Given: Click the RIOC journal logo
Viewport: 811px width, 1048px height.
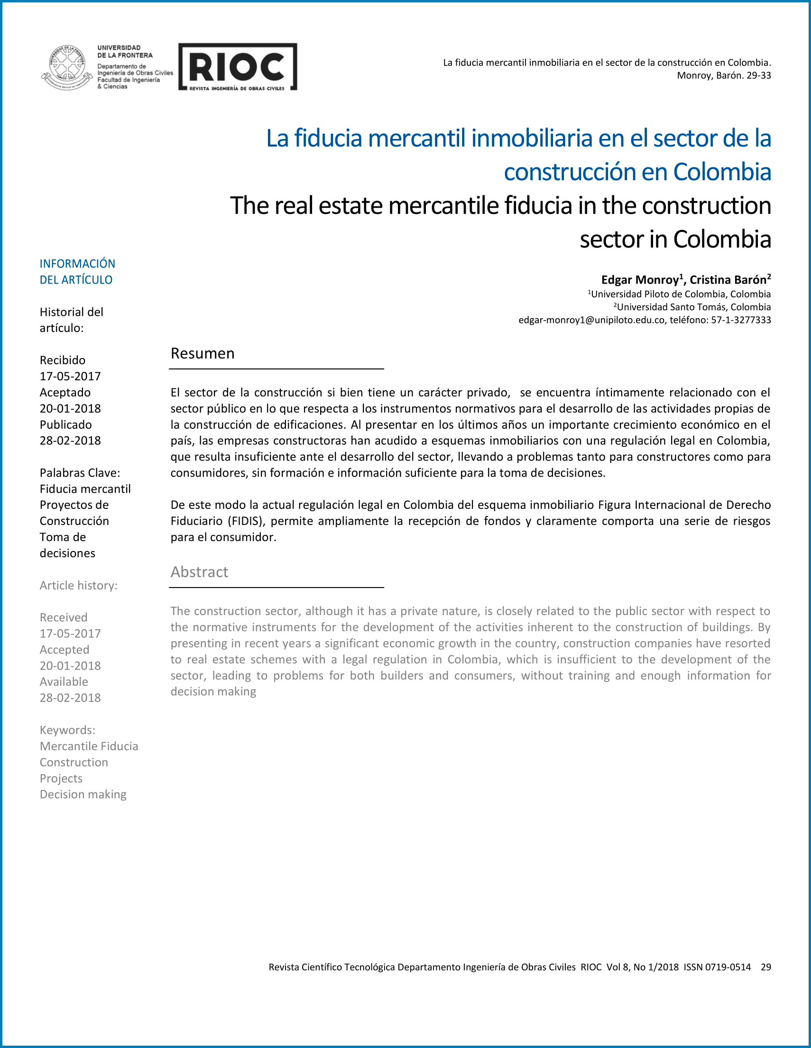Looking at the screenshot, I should (238, 67).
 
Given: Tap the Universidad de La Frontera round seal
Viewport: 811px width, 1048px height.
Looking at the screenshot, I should (67, 67).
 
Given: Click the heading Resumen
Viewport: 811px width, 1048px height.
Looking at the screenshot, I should (203, 353).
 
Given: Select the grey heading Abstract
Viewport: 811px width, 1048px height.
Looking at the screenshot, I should (199, 571).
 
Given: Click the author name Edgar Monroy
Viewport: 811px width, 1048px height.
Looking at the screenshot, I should (640, 280).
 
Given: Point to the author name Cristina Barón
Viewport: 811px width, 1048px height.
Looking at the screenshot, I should (728, 280).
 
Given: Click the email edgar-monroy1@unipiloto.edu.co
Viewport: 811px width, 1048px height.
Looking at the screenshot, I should (591, 320).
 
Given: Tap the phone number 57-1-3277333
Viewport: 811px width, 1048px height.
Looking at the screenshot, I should (741, 320).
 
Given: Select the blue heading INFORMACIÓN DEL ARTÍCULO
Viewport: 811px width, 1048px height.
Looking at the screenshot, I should (77, 272).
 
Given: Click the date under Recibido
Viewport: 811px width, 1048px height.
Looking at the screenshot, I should (70, 376).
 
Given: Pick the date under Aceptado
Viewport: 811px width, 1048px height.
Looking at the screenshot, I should (70, 408).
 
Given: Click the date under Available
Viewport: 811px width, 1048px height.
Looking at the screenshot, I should (70, 698).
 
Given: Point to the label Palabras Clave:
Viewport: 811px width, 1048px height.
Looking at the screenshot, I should (80, 473).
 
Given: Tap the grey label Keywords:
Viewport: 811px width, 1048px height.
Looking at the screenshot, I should (67, 730).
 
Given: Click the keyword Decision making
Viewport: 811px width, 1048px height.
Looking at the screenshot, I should (83, 794).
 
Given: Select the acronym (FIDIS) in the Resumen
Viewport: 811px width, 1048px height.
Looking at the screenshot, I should (246, 521).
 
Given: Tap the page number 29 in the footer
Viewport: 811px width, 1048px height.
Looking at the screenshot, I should (765, 967).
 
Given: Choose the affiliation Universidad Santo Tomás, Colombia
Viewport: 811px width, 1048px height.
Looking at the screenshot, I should (693, 307).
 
